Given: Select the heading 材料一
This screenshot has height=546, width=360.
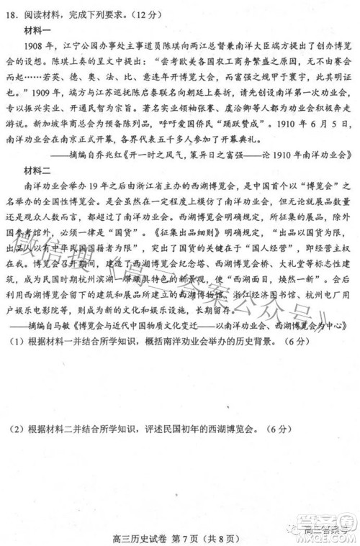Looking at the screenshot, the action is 39,29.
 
